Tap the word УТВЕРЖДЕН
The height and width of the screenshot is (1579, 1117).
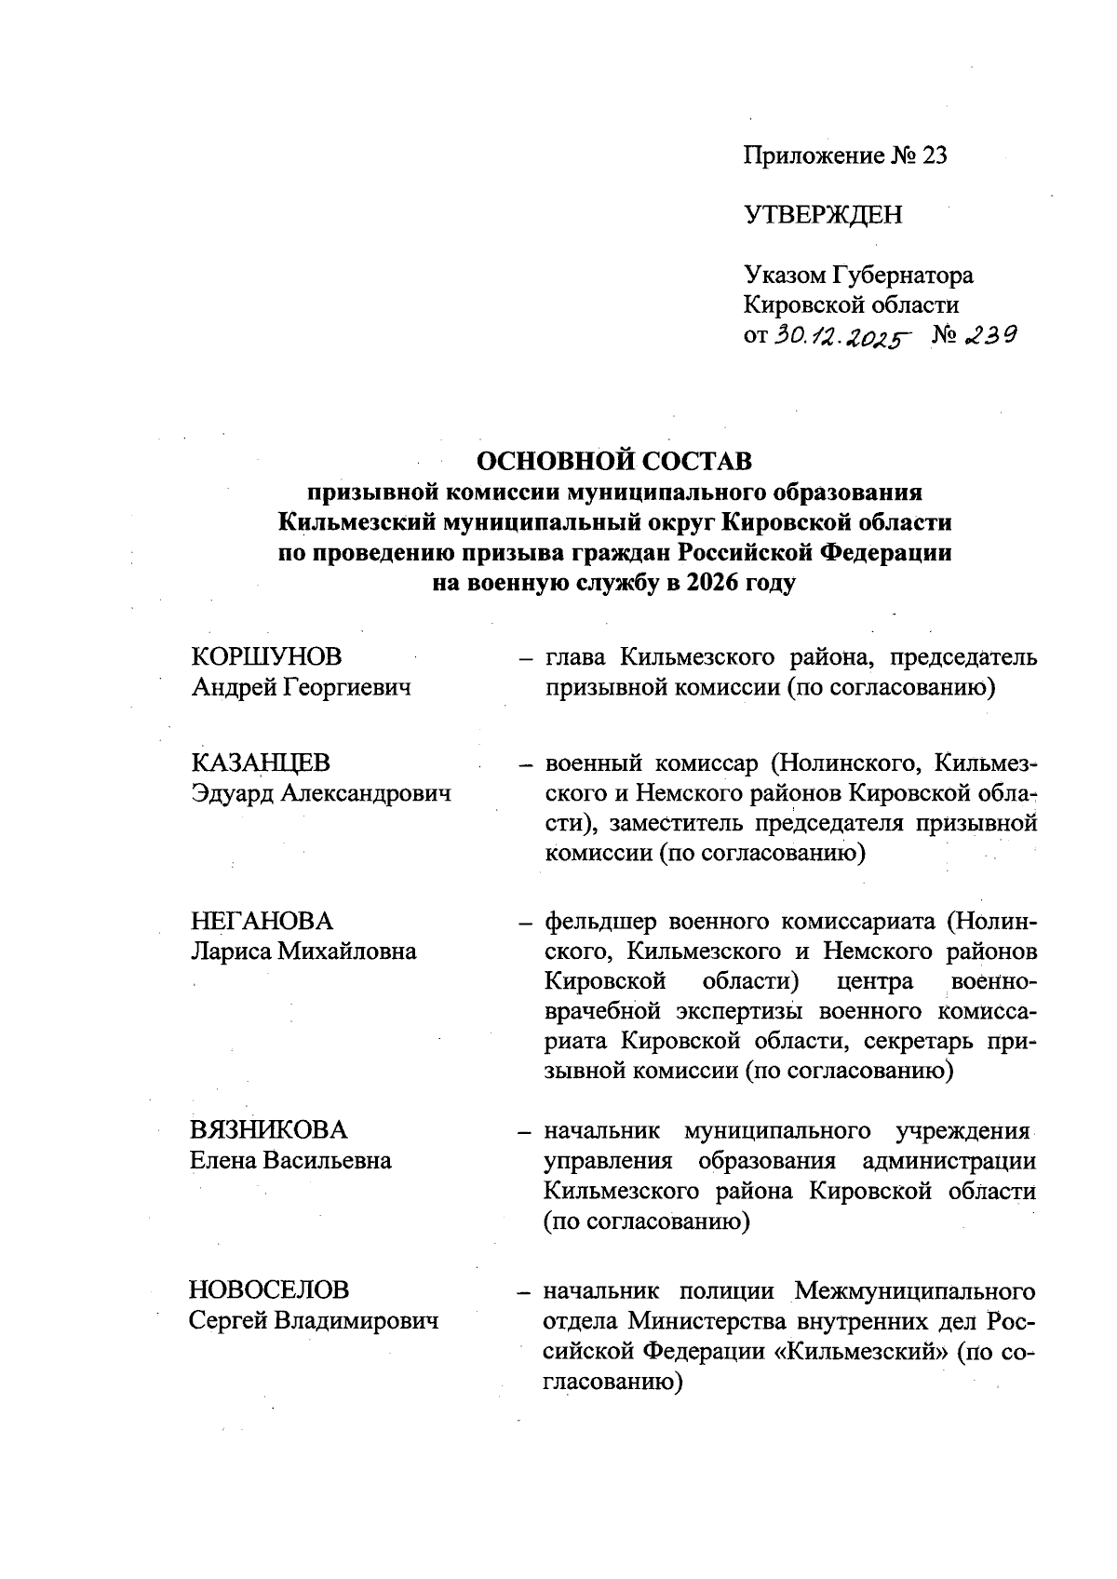coord(823,215)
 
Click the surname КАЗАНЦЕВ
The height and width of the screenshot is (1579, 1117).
coord(261,763)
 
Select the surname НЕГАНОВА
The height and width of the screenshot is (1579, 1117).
coord(261,921)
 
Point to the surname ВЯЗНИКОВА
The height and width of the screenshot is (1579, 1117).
coord(268,1130)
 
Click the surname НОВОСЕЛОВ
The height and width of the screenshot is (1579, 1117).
coord(270,1290)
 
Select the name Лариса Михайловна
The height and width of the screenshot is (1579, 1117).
coord(303,951)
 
